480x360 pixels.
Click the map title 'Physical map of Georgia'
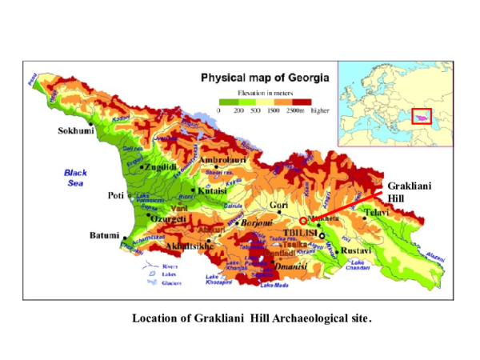[x=263, y=78]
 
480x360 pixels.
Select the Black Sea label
[x=77, y=177]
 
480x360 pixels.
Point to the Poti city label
[x=115, y=195]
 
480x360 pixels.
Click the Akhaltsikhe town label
[x=189, y=246]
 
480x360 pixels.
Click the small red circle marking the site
[x=302, y=221]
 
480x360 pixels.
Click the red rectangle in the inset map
[x=421, y=116]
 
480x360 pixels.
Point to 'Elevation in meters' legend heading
[x=263, y=93]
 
